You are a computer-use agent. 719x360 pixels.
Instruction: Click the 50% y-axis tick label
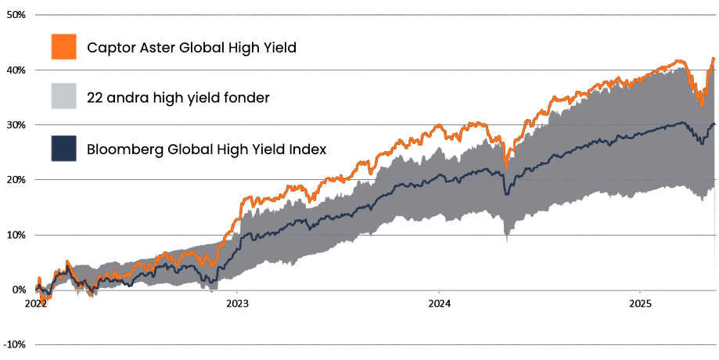tap(16, 15)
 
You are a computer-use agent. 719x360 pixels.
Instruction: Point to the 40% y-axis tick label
tap(16, 70)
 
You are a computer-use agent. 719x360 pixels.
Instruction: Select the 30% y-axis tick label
tap(16, 125)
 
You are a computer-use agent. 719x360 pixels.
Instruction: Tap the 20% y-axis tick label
tap(16, 180)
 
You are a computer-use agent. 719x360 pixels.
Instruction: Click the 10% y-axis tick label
tap(16, 235)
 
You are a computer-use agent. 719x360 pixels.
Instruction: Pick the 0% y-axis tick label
tap(18, 290)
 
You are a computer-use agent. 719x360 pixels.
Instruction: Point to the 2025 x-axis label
tap(641, 302)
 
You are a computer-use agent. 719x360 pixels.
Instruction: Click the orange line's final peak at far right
tap(713, 59)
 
